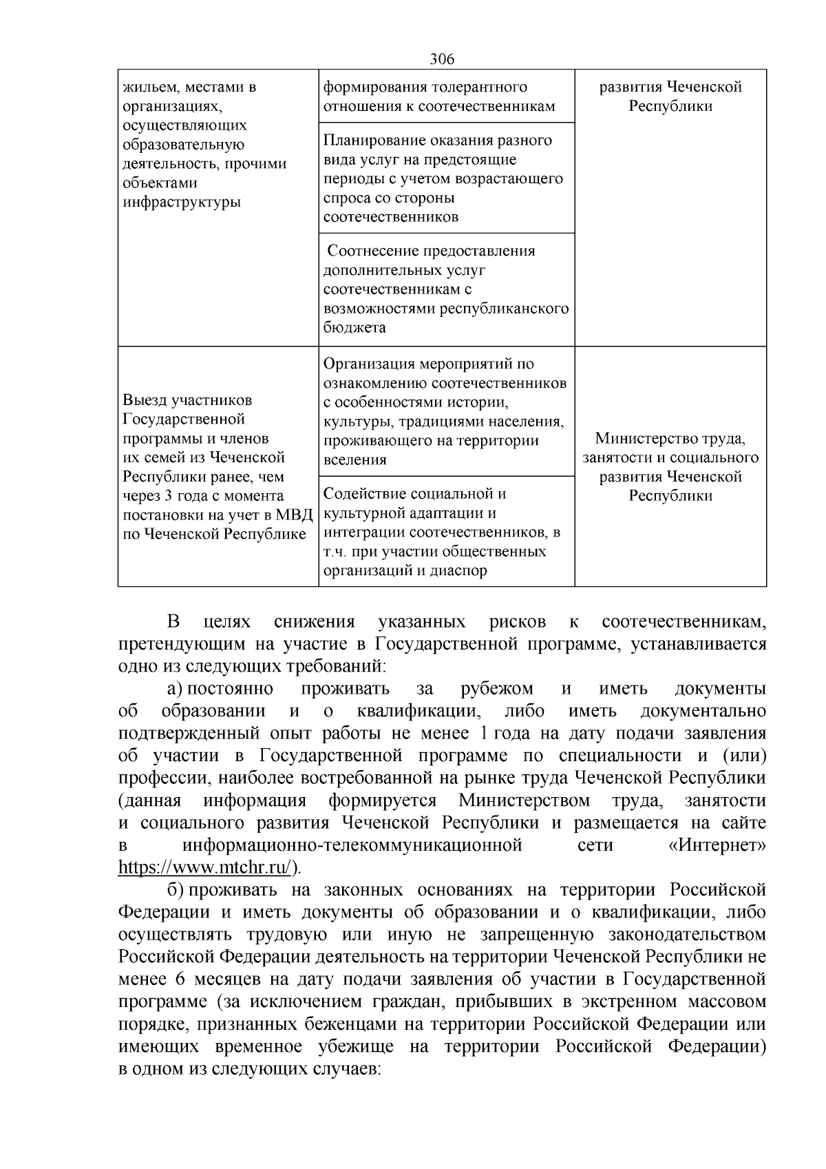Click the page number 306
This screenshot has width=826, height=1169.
click(x=442, y=59)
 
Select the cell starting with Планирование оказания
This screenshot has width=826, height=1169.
click(x=446, y=178)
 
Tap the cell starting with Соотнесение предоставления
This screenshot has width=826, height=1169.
click(x=446, y=289)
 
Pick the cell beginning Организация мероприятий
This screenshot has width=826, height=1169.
click(x=446, y=411)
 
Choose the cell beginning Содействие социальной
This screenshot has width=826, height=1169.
click(x=446, y=532)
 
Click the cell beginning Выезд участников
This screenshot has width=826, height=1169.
click(x=218, y=467)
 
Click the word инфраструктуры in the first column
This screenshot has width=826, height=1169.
click(x=182, y=203)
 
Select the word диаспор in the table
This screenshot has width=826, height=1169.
click(x=455, y=570)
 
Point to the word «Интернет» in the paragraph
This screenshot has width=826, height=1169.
click(x=717, y=845)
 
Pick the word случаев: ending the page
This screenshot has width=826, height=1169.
click(x=337, y=1069)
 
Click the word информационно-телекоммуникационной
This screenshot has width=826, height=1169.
click(x=352, y=845)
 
